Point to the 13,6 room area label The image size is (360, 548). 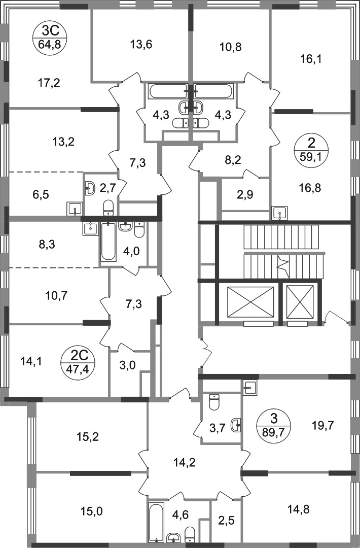pyautogui.click(x=141, y=45)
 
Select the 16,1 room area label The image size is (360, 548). pyautogui.click(x=311, y=59)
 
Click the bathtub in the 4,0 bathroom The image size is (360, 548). pyautogui.click(x=108, y=243)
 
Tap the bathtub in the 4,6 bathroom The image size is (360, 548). pyautogui.click(x=156, y=523)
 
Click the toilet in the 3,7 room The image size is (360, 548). pyautogui.click(x=213, y=403)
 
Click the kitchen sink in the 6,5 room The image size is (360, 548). pyautogui.click(x=74, y=209)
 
